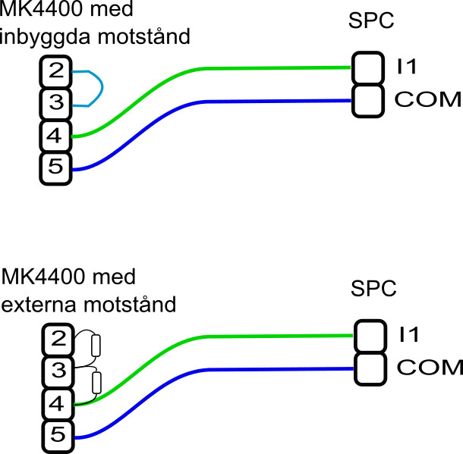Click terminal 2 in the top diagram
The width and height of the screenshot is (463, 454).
[x=56, y=71]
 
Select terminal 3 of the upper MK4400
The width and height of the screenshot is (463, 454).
[x=56, y=104]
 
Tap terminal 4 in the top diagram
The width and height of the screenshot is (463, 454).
[x=56, y=136]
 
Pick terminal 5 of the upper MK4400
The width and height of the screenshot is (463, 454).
[x=56, y=168]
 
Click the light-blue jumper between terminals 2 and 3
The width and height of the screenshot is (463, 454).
[x=102, y=88]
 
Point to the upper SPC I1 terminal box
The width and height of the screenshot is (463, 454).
[x=368, y=68]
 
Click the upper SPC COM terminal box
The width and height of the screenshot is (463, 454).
[x=368, y=101]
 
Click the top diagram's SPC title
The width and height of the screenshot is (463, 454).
[x=371, y=20]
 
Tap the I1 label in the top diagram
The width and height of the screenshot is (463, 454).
[x=407, y=67]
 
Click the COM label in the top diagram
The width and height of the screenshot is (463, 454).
[x=428, y=99]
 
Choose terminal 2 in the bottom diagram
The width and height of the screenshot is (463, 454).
[x=58, y=340]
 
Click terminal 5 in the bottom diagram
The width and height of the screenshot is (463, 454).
[x=58, y=437]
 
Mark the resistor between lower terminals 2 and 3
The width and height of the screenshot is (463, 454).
[x=96, y=345]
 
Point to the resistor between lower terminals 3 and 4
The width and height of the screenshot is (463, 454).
[x=97, y=383]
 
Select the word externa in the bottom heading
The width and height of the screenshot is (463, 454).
[x=39, y=305]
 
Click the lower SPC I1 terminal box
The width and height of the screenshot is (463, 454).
[x=370, y=336]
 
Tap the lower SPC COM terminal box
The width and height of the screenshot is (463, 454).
[x=370, y=369]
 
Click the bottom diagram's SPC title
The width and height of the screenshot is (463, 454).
[x=373, y=288]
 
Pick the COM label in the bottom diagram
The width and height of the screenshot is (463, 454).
[x=430, y=368]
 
